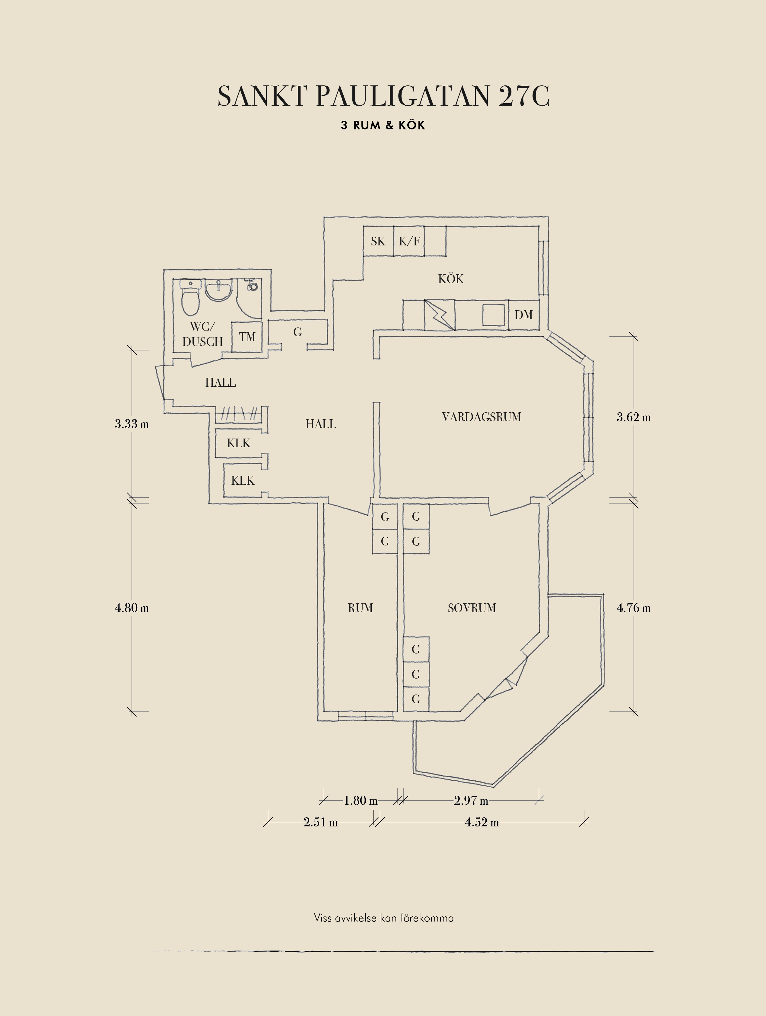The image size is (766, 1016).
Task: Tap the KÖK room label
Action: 451,279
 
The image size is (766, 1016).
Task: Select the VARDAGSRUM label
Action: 482,417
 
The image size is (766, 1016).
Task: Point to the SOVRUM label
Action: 472,608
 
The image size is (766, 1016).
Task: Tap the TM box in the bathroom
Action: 247,337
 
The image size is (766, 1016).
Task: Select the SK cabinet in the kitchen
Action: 378,241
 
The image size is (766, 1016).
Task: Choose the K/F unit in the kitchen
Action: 409,241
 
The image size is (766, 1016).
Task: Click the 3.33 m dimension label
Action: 132,423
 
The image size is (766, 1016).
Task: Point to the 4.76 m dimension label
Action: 633,608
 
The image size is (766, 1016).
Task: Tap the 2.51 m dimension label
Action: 320,822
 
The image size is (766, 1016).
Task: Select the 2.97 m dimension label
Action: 471,800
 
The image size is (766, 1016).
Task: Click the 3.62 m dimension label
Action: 633,417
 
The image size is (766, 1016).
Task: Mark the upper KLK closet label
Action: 239,443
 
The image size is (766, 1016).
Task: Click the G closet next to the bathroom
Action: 297,332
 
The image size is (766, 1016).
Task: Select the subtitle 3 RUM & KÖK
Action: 383,125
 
